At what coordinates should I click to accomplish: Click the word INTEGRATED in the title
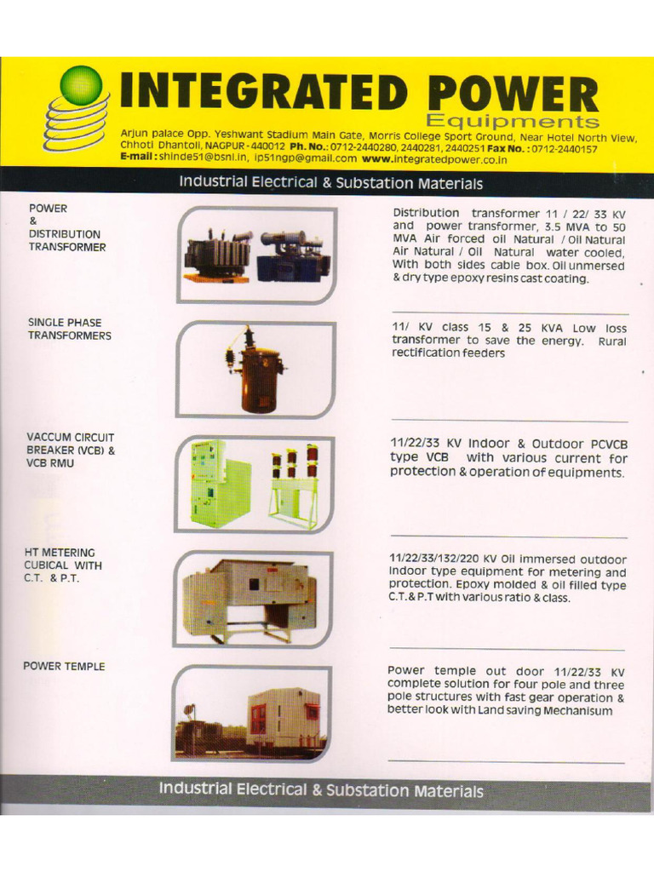click(x=261, y=92)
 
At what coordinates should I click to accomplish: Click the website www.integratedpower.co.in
click(x=434, y=158)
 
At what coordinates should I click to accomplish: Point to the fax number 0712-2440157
click(x=565, y=148)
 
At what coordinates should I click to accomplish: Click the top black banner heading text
click(x=330, y=183)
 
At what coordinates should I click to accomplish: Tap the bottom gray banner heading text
click(x=320, y=790)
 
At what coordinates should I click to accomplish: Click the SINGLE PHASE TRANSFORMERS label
click(x=69, y=329)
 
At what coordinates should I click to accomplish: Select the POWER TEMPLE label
click(x=64, y=666)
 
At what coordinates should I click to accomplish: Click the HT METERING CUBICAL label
click(x=64, y=565)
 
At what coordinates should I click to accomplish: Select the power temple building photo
click(x=284, y=717)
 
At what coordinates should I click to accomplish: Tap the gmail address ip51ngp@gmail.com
click(x=306, y=158)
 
